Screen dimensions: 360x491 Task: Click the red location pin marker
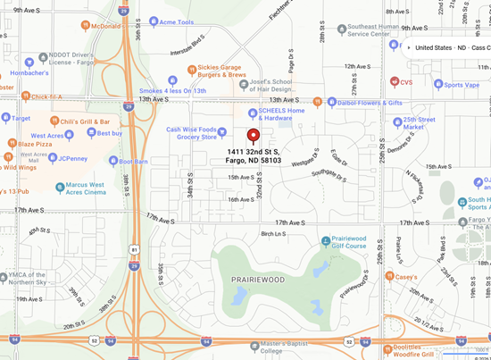[253, 136]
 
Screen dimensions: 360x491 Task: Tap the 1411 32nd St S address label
[253, 156]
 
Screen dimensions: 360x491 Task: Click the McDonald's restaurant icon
[85, 26]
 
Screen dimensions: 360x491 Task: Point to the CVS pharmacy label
[406, 81]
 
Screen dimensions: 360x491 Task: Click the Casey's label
[406, 277]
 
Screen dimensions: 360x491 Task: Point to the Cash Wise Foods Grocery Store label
[192, 133]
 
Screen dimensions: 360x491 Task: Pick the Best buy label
[110, 133]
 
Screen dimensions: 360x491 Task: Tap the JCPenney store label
[71, 158]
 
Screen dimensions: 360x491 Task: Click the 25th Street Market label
[420, 123]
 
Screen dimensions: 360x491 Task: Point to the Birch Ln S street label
[273, 233]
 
